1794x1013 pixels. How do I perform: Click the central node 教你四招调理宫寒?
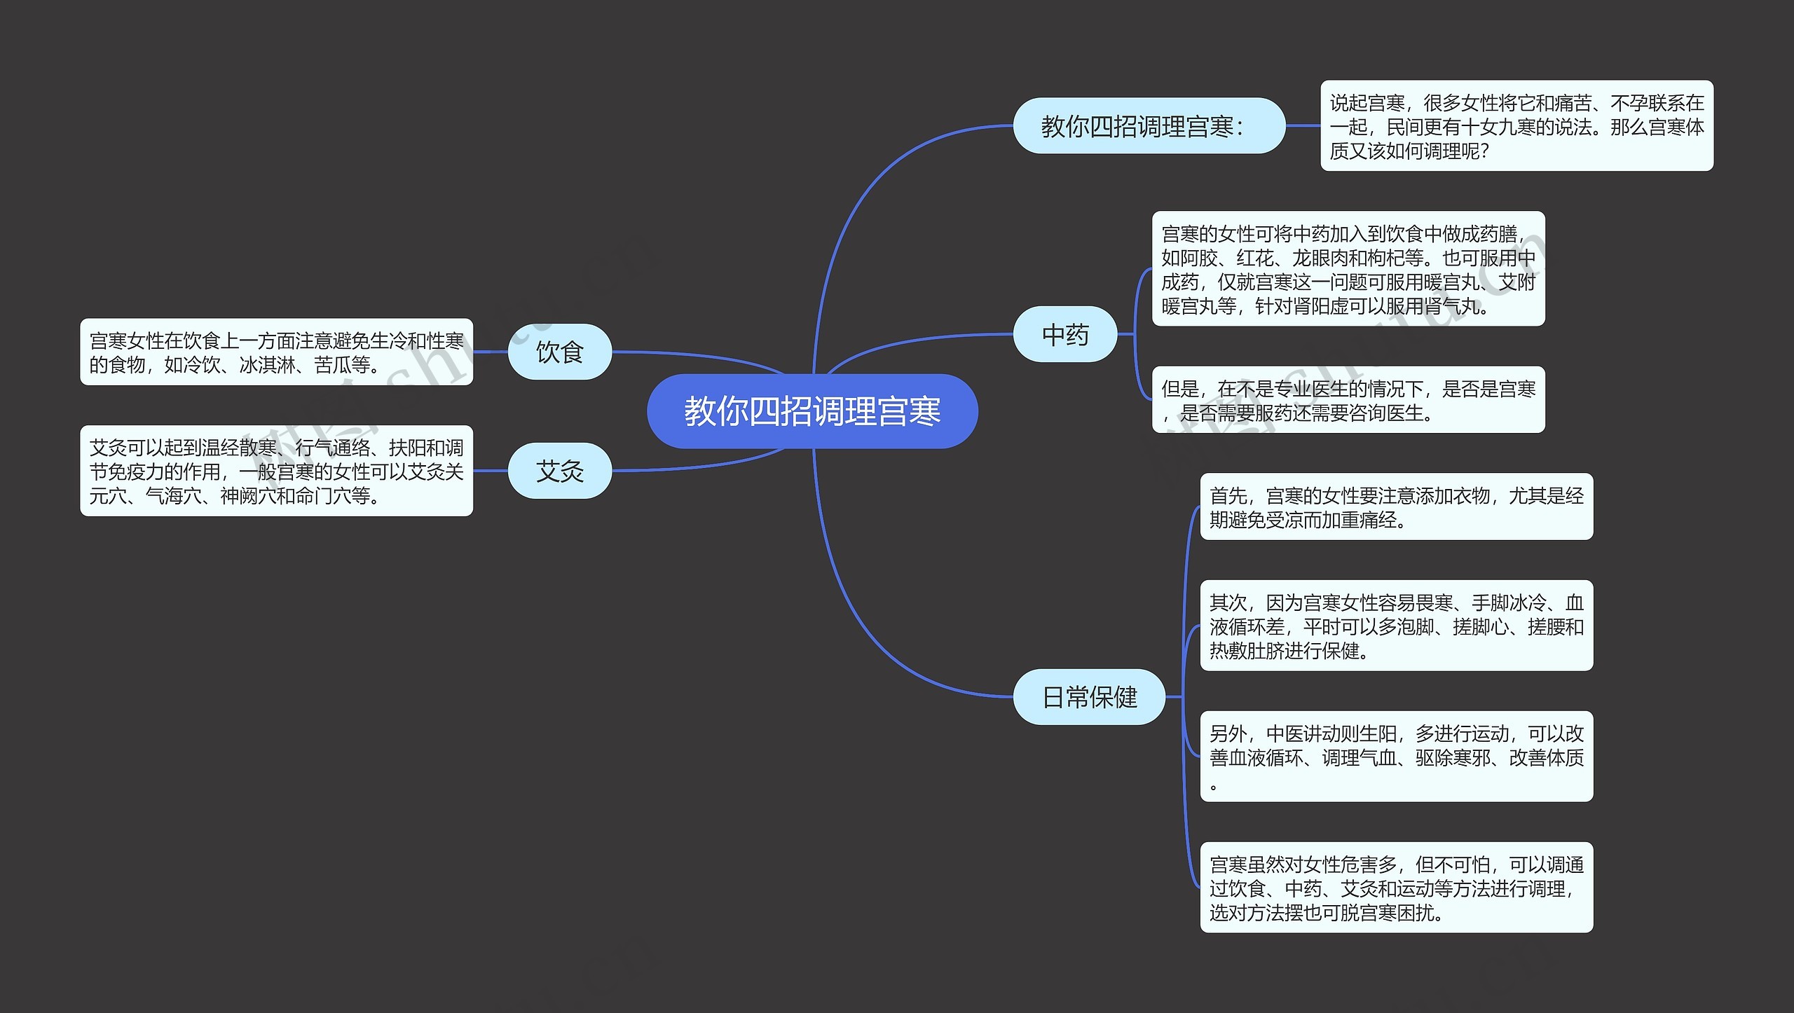(812, 411)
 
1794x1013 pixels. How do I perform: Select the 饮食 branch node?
(559, 352)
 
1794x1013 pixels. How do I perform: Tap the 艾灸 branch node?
(559, 471)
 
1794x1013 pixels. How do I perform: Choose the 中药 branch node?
(1064, 335)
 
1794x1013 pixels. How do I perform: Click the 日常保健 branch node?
(1089, 697)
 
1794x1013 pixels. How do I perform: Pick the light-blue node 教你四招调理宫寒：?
(1149, 126)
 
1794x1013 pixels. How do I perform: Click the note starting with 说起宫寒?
(1516, 126)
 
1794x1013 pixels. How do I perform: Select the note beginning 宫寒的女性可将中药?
(1348, 269)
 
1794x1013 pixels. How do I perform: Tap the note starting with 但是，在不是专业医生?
(1348, 400)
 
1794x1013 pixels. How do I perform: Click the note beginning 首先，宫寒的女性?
(1396, 507)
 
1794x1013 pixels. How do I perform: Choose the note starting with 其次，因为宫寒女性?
(1396, 626)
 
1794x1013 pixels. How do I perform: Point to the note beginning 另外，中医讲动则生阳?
(1396, 757)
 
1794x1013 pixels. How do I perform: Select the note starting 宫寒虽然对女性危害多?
(1396, 888)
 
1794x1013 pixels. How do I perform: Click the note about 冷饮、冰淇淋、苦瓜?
(276, 352)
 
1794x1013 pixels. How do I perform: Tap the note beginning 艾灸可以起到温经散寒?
(276, 471)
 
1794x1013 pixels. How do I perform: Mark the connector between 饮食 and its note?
(491, 352)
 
